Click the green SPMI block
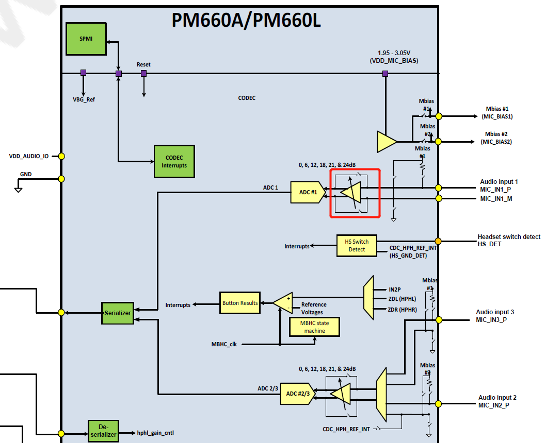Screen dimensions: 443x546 pos(86,39)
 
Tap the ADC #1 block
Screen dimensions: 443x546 pos(308,192)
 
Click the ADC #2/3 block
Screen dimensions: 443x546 pos(297,394)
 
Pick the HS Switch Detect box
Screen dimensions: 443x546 pos(357,246)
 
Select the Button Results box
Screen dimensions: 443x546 pos(240,303)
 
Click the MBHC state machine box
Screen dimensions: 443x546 pos(314,327)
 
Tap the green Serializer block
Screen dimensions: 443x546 pos(117,313)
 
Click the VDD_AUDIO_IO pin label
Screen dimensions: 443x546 pos(29,156)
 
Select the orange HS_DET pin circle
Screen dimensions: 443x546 pos(438,241)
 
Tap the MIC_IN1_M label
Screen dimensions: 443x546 pos(495,199)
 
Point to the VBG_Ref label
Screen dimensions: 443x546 pos(84,99)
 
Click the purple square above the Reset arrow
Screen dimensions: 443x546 pos(143,74)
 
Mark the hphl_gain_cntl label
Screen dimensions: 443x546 pos(155,433)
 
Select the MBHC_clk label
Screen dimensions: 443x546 pos(224,344)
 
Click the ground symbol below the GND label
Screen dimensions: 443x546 pos(18,190)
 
